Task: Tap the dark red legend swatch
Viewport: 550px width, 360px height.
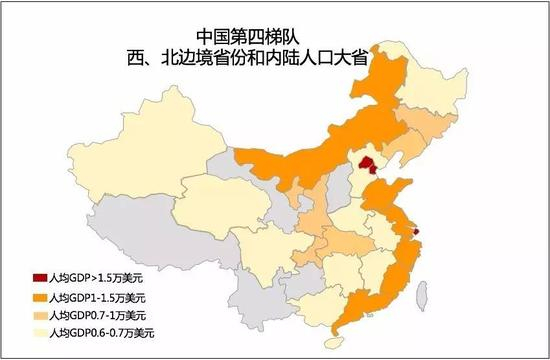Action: click(39, 277)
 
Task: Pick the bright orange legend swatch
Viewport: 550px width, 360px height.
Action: click(39, 297)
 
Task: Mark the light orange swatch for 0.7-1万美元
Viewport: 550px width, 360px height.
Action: click(39, 314)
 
